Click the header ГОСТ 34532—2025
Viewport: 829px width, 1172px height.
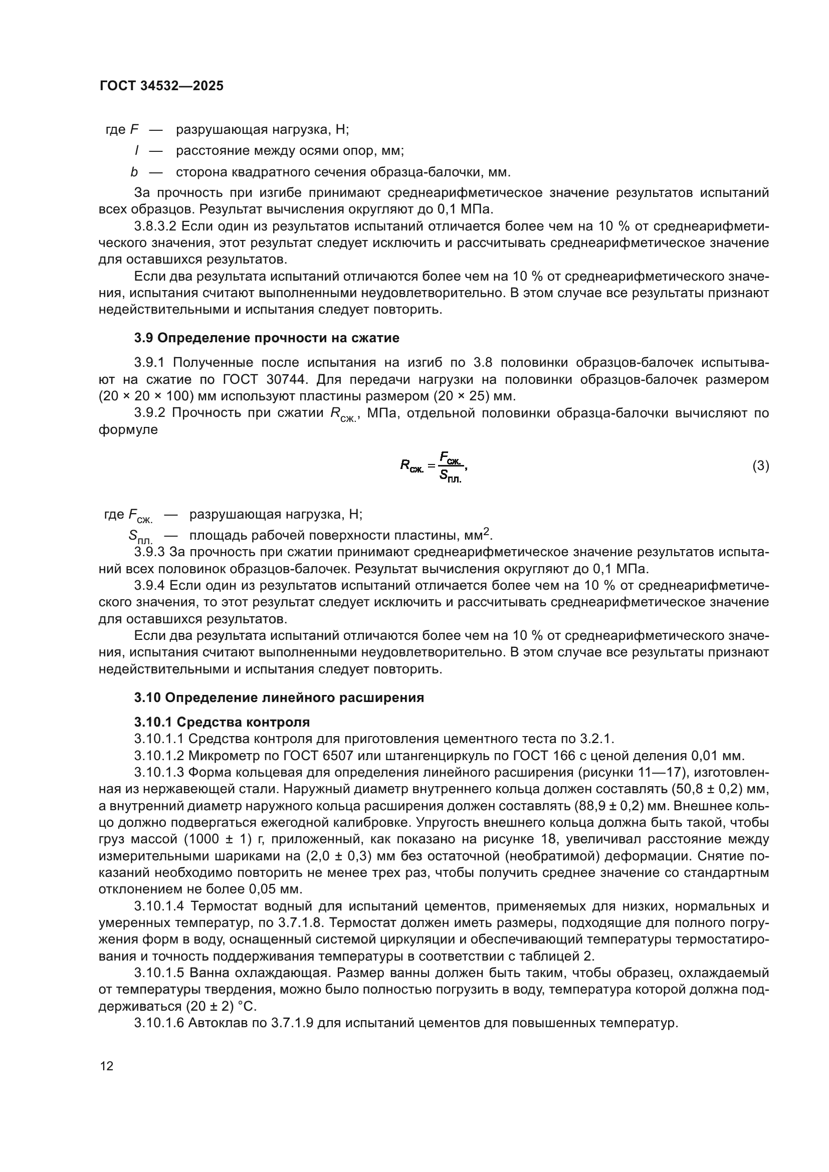point(161,86)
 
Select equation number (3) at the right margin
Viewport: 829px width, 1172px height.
point(761,465)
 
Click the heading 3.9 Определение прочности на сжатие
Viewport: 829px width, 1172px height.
point(267,338)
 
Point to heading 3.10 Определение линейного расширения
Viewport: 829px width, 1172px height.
point(279,697)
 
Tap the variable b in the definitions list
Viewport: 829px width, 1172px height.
point(134,172)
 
